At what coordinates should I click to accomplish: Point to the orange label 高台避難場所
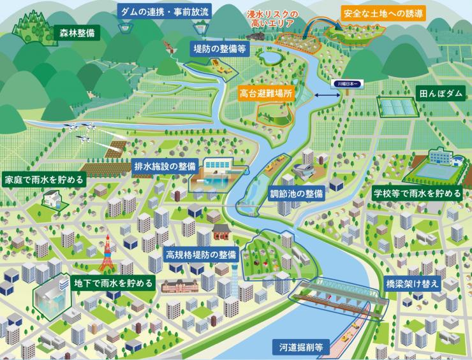tap(266, 92)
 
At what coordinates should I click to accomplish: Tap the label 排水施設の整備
tap(165, 166)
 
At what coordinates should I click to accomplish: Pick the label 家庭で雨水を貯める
tap(44, 180)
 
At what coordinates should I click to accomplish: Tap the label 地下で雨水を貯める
tap(114, 282)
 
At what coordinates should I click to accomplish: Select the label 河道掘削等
tap(302, 348)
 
